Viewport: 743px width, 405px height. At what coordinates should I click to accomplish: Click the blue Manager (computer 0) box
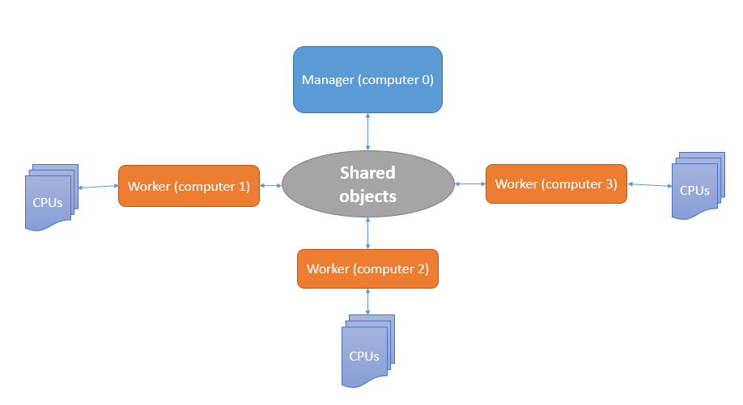pos(367,79)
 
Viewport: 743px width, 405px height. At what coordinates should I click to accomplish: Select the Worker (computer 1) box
pos(189,186)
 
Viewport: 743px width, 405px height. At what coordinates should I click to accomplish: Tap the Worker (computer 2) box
pos(367,268)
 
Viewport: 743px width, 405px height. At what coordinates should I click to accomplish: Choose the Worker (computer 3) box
pos(556,184)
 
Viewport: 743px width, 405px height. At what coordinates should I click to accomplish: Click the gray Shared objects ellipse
pos(367,184)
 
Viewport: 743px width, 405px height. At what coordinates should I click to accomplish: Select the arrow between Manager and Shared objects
pos(368,131)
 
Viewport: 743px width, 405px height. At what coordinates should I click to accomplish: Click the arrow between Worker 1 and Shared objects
pos(271,186)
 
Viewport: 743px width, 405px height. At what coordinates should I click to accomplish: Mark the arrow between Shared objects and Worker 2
pos(368,234)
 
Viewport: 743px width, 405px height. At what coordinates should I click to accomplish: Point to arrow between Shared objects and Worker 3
pos(469,184)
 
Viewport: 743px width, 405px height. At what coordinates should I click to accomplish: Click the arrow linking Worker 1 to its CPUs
pos(98,187)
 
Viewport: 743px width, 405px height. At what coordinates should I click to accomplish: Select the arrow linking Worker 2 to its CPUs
pos(368,301)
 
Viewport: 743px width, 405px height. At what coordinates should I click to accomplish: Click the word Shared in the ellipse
pos(367,173)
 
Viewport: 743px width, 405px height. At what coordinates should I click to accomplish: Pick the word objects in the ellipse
pos(367,196)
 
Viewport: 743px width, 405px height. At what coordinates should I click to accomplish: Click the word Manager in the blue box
pos(328,80)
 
